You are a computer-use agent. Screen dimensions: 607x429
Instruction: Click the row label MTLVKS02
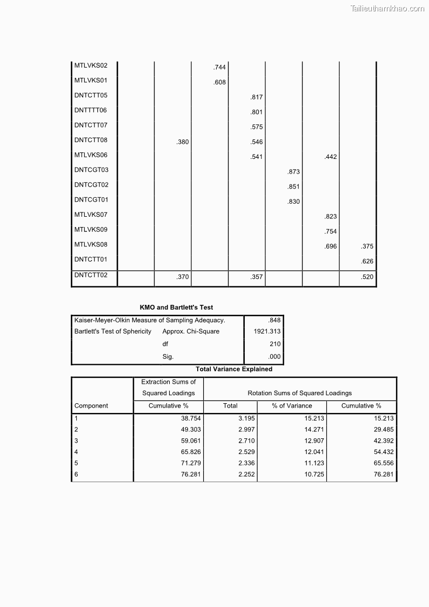(91, 66)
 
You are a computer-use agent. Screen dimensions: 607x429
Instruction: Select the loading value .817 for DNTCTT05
(257, 97)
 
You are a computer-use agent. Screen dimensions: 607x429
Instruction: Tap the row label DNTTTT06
(91, 110)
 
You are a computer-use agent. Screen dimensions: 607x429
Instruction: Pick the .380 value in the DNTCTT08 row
(183, 142)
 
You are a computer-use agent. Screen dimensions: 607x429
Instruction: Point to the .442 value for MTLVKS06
(331, 157)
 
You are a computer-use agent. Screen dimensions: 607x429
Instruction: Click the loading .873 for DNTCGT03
(294, 172)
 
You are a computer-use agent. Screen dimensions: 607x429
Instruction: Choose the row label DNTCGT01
(91, 199)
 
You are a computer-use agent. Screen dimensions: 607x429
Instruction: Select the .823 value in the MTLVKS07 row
(331, 217)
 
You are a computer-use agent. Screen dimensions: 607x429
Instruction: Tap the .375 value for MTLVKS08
(367, 246)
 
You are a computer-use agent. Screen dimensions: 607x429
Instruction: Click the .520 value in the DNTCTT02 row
(367, 277)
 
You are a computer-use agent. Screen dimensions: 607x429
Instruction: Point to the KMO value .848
(274, 321)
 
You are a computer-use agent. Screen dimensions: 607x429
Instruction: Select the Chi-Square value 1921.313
(267, 331)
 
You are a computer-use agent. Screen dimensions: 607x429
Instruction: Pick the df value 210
(275, 344)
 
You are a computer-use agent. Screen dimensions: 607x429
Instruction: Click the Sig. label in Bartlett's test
(168, 357)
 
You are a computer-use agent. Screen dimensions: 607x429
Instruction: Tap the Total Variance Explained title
(234, 369)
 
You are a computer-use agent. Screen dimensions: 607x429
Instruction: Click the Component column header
(91, 406)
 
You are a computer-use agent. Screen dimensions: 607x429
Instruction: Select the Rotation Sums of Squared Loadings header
(300, 393)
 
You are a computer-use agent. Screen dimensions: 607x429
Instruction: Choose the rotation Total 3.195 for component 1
(246, 418)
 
